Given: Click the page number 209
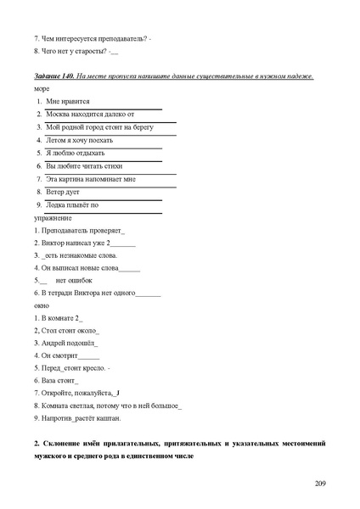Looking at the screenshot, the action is click(x=320, y=484).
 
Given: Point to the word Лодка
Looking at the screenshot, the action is click(x=59, y=205).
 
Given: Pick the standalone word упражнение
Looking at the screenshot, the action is click(x=52, y=217).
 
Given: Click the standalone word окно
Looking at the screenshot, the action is click(x=42, y=304).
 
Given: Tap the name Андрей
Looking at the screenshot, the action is click(x=55, y=343).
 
